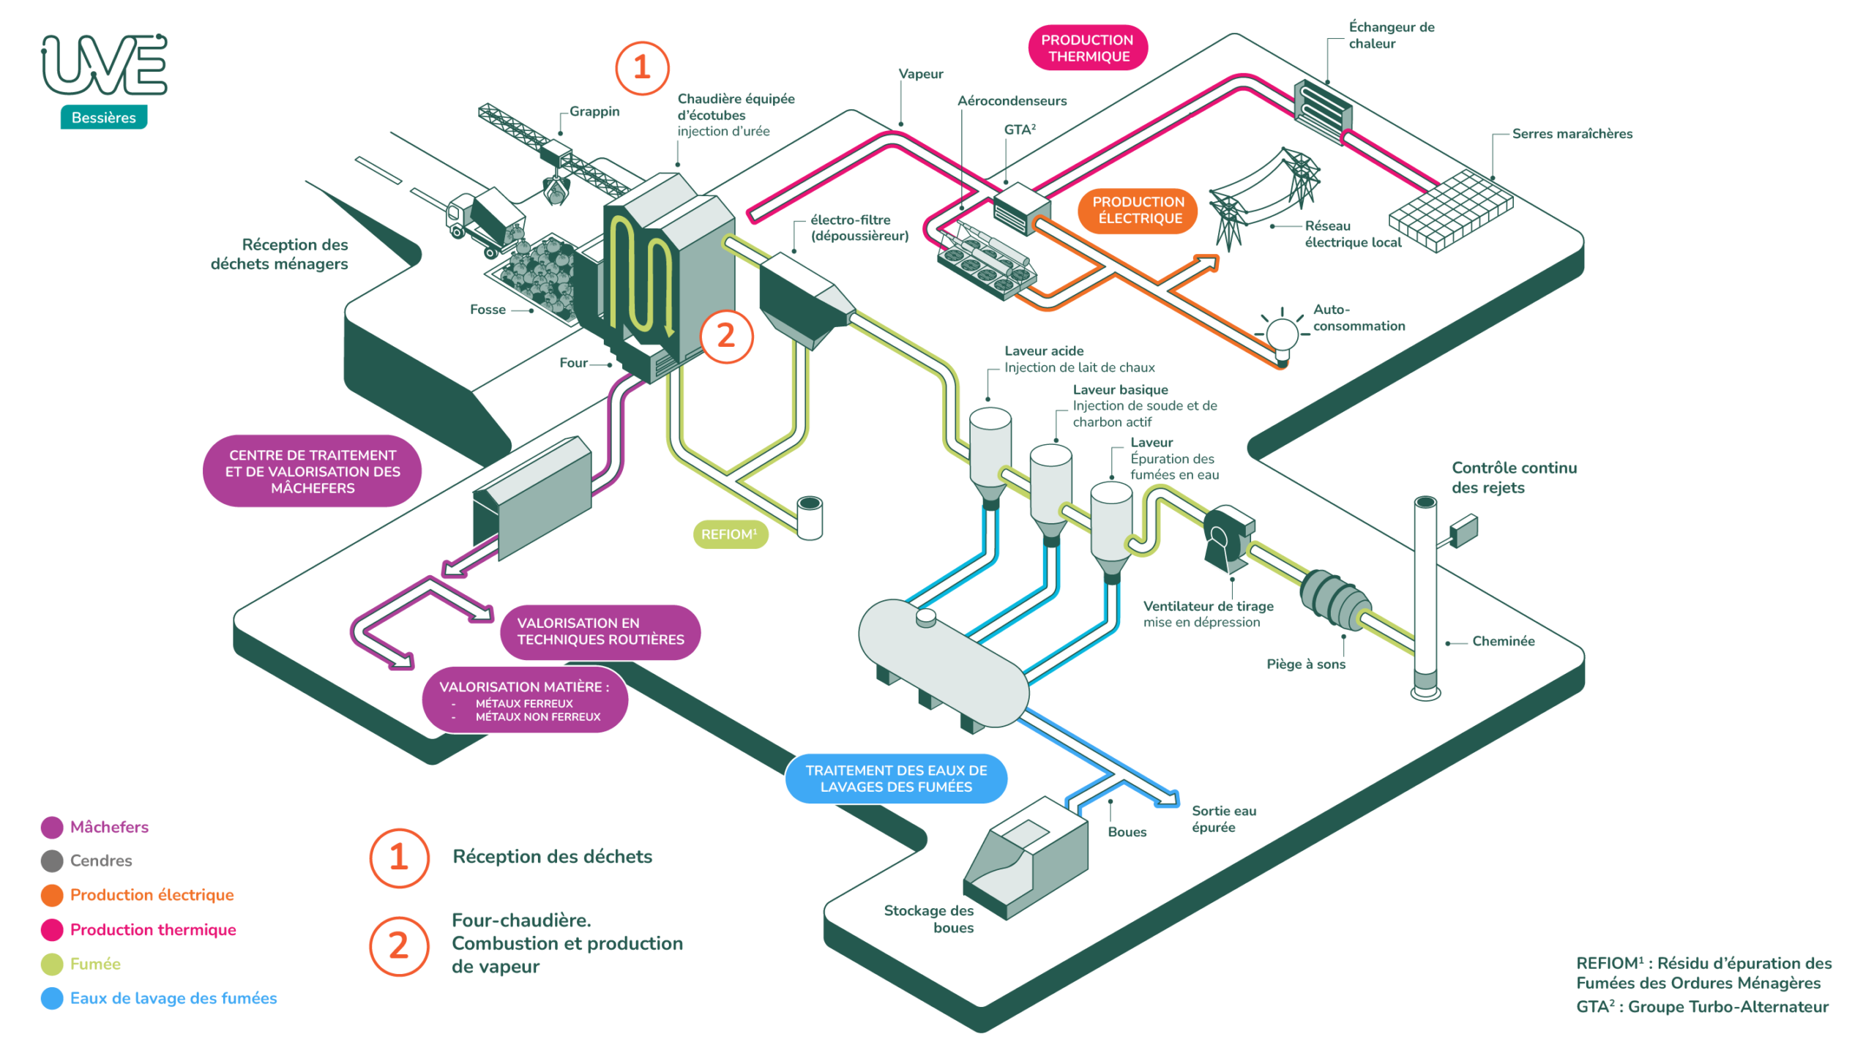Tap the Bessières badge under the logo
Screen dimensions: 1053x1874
click(x=103, y=117)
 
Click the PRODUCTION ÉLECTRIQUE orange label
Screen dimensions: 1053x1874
click(x=1137, y=210)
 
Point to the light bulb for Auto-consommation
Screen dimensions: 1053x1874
click(x=1281, y=335)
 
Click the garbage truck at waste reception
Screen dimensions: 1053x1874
click(x=485, y=219)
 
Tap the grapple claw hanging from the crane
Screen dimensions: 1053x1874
click(x=556, y=190)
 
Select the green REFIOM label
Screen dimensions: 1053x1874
click(x=729, y=534)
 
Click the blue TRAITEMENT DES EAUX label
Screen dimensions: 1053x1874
click(x=895, y=778)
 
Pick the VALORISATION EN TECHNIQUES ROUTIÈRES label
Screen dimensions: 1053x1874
click(x=600, y=631)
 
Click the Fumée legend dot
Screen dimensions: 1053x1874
click(x=52, y=964)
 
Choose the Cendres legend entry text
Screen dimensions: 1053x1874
click(x=101, y=861)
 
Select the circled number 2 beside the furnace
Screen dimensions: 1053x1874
click(x=725, y=336)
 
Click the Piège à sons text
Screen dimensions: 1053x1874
click(x=1305, y=664)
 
